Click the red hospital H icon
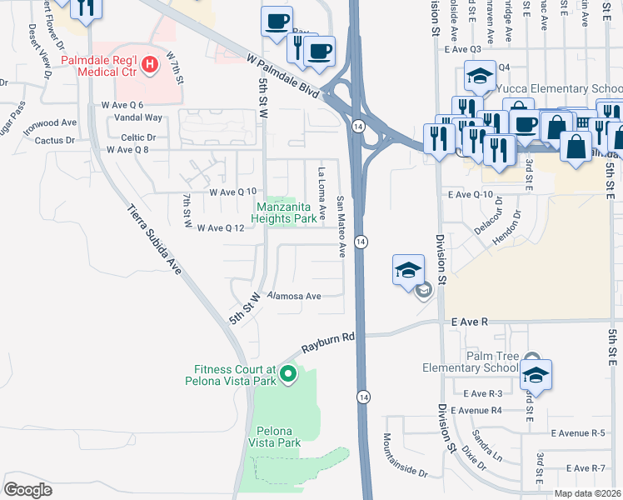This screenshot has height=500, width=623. pyautogui.click(x=150, y=63)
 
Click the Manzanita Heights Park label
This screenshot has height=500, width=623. pyautogui.click(x=287, y=212)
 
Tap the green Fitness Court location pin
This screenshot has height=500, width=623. pyautogui.click(x=288, y=374)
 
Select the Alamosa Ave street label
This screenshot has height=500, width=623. pyautogui.click(x=294, y=296)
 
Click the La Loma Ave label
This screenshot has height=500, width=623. pyautogui.click(x=321, y=187)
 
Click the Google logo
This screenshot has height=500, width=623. pyautogui.click(x=27, y=489)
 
